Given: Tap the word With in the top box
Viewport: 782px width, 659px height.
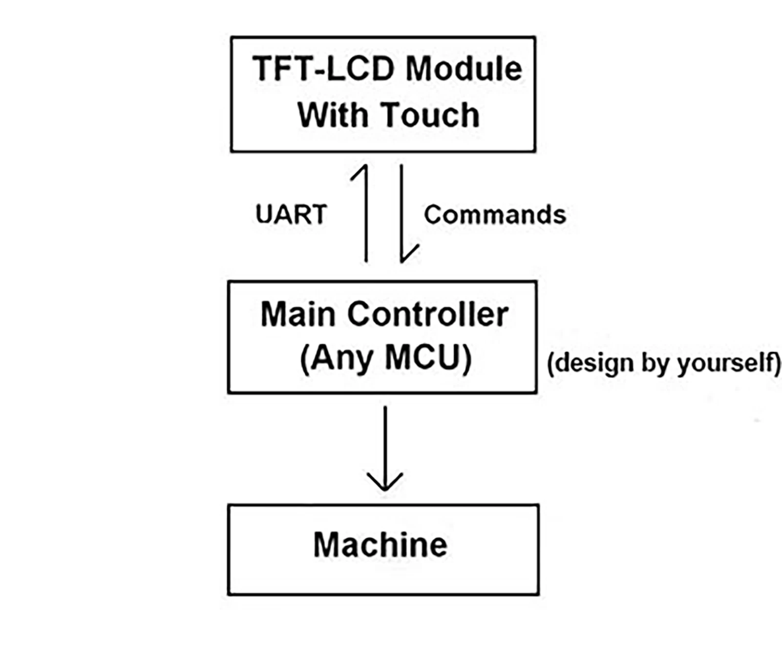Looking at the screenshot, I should (332, 115).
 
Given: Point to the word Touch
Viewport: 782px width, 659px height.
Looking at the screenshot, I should (430, 115).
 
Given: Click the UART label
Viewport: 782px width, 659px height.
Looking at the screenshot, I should (291, 214).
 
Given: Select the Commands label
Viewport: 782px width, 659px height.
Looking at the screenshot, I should (495, 214).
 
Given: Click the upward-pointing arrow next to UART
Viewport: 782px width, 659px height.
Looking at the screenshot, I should (366, 215).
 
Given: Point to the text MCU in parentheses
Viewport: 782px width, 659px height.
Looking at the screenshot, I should (423, 358).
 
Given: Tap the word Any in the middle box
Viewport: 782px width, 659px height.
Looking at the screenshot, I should (342, 359).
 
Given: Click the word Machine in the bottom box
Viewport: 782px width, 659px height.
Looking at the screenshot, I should (380, 545).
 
